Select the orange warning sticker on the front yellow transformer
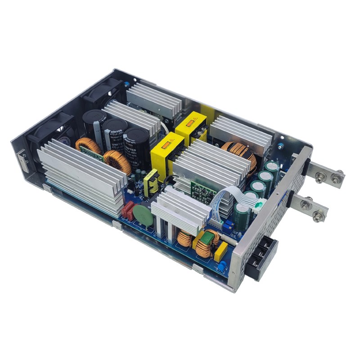coord(165,145)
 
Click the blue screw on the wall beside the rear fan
coord(129,84)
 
